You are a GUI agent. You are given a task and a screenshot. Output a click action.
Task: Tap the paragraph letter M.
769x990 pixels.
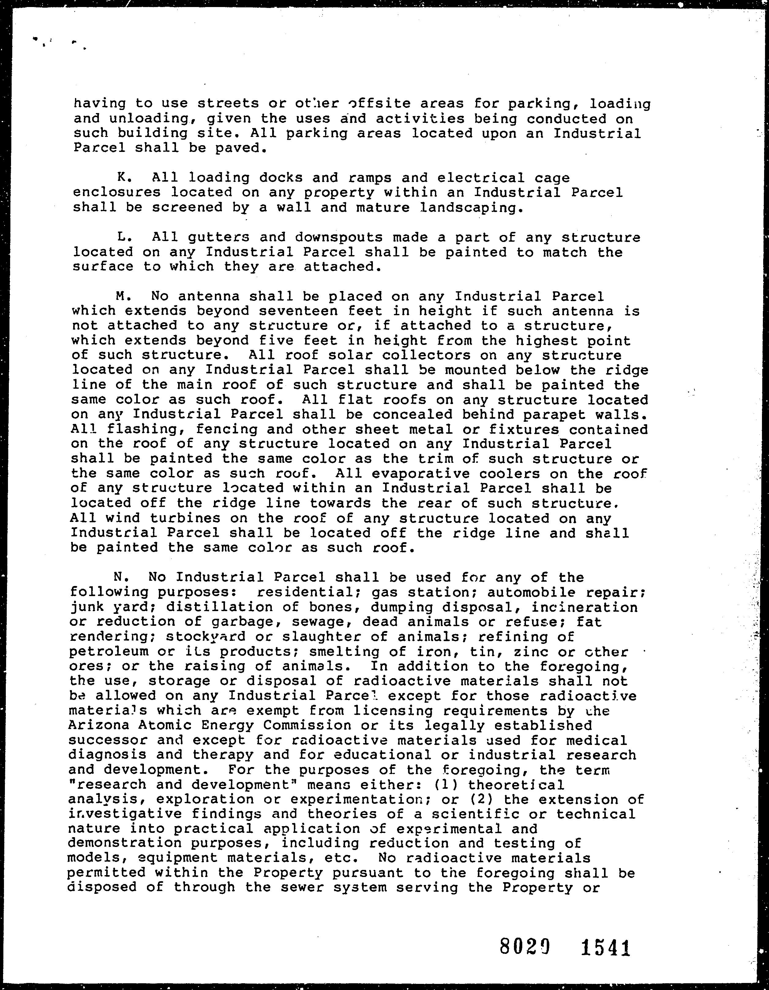click(121, 297)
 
